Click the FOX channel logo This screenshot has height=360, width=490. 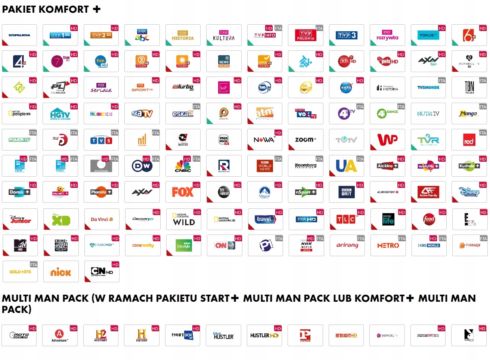[183, 192]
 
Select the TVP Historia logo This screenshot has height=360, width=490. [183, 35]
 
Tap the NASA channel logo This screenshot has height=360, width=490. [346, 87]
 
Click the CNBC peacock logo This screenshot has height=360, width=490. [183, 166]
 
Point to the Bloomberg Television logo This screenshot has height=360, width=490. [306, 165]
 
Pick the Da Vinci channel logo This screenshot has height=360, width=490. [102, 220]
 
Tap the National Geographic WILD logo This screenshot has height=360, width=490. [183, 220]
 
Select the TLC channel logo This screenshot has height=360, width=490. [347, 220]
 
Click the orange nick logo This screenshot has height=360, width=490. [61, 272]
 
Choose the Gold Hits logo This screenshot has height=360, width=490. [20, 272]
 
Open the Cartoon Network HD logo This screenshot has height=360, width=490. [102, 271]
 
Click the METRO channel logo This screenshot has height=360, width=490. [388, 246]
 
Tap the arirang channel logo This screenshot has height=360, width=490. [347, 245]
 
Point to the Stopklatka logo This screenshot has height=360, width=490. [19, 35]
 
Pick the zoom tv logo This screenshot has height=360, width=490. [306, 140]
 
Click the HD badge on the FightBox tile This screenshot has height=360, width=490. [196, 329]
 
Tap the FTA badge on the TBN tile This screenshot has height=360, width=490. [483, 81]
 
